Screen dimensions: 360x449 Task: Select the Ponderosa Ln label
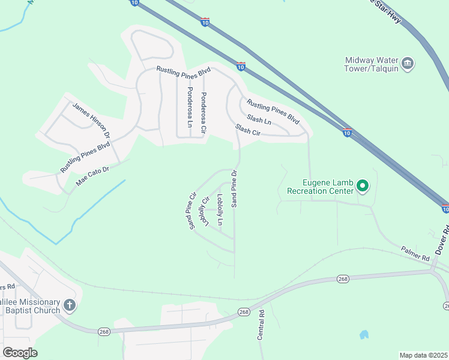(x=190, y=107)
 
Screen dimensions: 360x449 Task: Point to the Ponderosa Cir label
(x=204, y=112)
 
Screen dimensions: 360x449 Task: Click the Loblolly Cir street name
(x=205, y=212)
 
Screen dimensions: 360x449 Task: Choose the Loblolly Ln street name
(x=220, y=209)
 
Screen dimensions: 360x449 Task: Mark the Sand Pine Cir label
(x=192, y=211)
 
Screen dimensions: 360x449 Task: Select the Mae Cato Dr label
(x=92, y=175)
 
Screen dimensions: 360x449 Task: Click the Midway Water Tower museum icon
(x=408, y=64)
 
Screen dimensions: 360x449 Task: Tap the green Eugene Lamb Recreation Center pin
(x=362, y=186)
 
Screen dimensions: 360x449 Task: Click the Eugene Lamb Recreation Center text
(x=321, y=187)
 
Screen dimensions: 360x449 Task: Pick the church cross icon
(x=70, y=306)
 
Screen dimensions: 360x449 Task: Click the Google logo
(x=20, y=353)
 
